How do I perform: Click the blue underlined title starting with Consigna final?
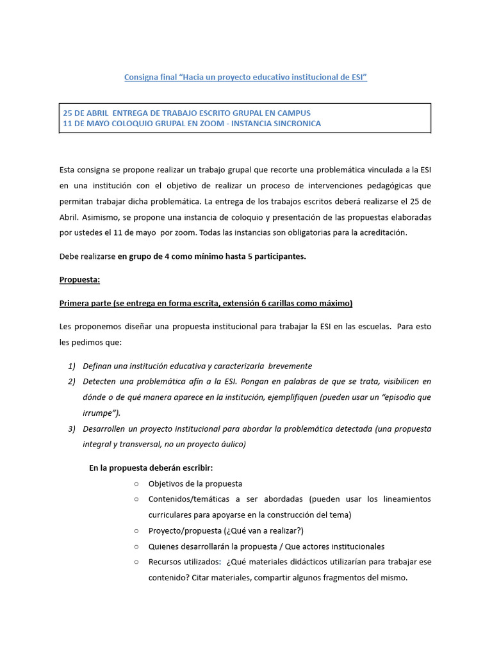pyautogui.click(x=245, y=77)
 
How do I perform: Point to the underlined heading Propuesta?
pyautogui.click(x=81, y=279)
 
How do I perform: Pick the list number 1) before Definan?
pyautogui.click(x=71, y=366)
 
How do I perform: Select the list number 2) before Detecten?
pyautogui.click(x=71, y=382)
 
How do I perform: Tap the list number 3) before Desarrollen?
pyautogui.click(x=71, y=428)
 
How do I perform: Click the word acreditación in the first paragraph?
pyautogui.click(x=382, y=233)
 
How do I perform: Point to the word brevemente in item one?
pyautogui.click(x=290, y=366)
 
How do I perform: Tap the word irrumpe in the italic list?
pyautogui.click(x=96, y=413)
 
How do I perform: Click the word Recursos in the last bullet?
pyautogui.click(x=167, y=562)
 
